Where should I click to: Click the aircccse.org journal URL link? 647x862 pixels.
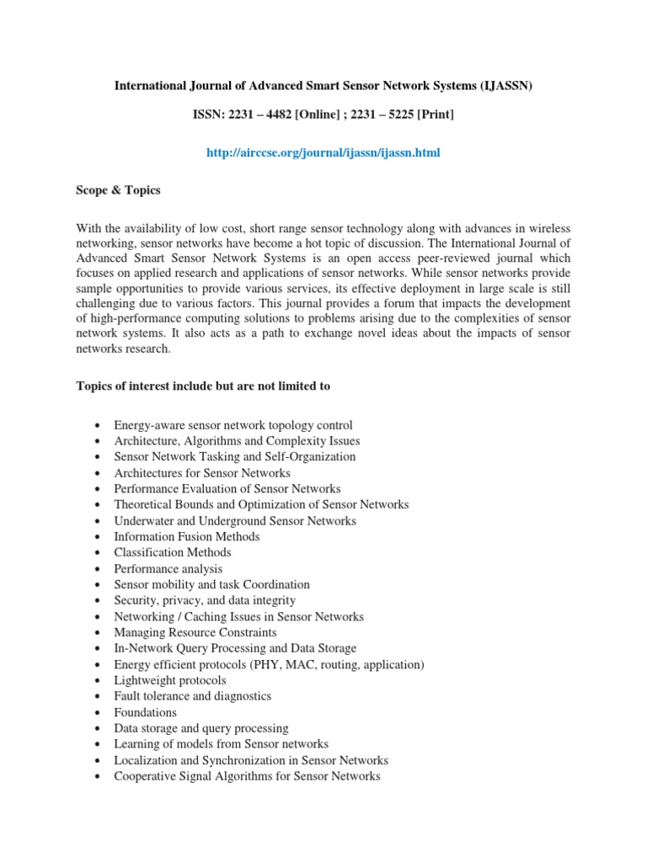pos(323,152)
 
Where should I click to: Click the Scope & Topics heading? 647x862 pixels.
pos(118,190)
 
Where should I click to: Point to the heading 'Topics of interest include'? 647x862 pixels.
pos(203,386)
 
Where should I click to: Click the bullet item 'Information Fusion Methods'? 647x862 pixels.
pos(187,536)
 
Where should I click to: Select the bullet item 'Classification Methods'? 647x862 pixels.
pos(173,552)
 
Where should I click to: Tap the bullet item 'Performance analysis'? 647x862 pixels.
pos(168,569)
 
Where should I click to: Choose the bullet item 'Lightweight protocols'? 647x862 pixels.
pos(170,680)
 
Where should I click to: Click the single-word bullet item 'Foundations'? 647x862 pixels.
pos(146,712)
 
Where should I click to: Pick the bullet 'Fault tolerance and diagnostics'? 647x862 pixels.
pos(193,696)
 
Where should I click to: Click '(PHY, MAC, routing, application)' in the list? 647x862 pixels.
pos(340,664)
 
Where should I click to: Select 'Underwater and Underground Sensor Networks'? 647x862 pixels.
pos(235,521)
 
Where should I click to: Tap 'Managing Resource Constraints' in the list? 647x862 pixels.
pos(195,632)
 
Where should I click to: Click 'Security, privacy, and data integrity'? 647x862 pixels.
pos(205,600)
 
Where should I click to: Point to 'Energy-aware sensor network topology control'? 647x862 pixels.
pos(233,425)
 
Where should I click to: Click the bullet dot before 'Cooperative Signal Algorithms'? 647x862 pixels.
pos(99,777)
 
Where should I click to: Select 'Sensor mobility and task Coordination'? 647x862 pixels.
pos(212,584)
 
